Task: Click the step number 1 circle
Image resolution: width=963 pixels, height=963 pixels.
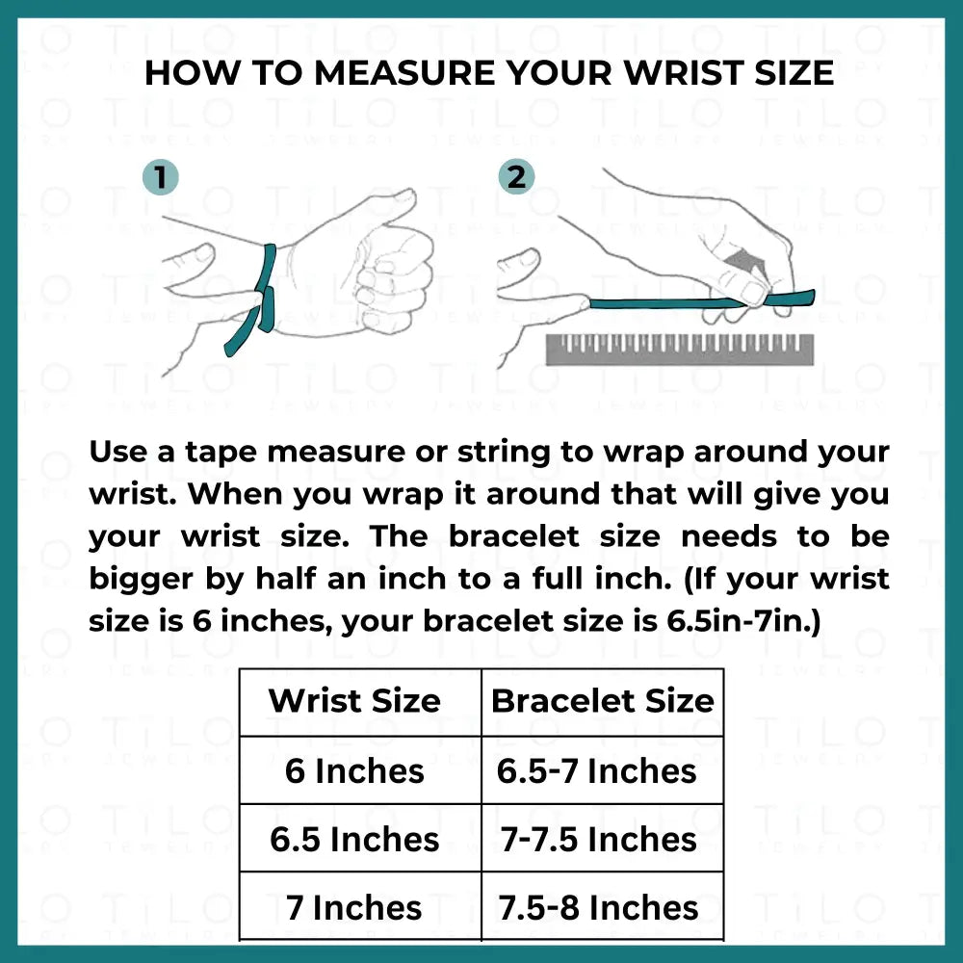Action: [160, 177]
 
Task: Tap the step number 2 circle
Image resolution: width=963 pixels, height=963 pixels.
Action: [516, 177]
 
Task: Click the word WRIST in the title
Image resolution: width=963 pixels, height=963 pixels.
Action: [683, 73]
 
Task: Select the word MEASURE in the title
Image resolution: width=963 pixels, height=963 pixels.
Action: [404, 73]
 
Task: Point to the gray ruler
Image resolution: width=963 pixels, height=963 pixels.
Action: [680, 350]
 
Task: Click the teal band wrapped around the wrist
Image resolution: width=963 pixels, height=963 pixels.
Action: [267, 289]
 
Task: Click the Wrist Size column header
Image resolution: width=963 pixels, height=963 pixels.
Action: [354, 701]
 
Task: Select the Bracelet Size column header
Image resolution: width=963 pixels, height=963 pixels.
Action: [603, 701]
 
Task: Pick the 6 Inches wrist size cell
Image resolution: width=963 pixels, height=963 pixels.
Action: [354, 770]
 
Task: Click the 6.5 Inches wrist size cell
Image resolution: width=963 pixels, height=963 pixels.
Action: [354, 839]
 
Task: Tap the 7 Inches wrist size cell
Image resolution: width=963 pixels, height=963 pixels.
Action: [354, 908]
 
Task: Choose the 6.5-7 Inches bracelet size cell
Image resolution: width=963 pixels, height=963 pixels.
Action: [597, 770]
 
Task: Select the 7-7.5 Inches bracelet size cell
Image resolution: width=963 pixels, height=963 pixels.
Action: [599, 839]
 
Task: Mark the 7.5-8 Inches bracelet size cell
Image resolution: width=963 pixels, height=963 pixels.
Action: [599, 908]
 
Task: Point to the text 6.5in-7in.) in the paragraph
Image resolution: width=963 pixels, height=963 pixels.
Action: [743, 621]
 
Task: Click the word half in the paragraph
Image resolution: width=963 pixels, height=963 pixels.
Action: [286, 579]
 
